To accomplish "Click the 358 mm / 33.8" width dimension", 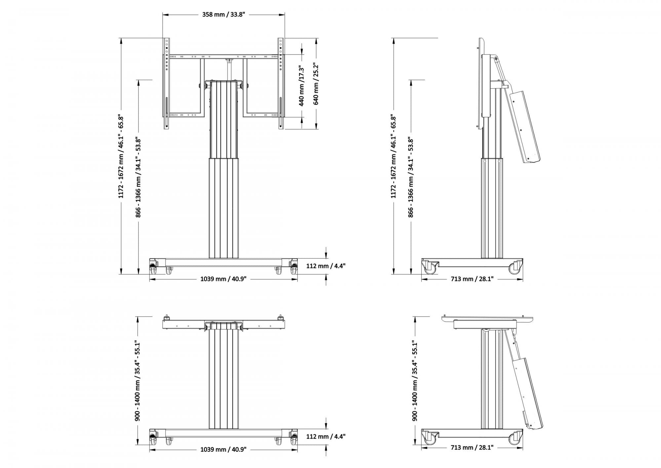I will coord(223,15).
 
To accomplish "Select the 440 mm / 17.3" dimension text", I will coord(301,86).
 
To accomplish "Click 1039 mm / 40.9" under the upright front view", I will coord(223,279).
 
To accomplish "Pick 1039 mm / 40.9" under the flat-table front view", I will coord(223,449).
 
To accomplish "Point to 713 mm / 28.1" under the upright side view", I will coord(472,279).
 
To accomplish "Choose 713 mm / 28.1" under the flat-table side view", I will coord(472,448).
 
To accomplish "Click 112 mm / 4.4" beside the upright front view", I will coord(326,266).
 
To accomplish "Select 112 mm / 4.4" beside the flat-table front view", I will coord(326,437).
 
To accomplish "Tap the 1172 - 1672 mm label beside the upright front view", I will coord(121,157).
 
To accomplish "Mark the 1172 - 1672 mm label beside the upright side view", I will coord(393,157).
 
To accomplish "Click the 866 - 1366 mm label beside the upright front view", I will coord(138,177).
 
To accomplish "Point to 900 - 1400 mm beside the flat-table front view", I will coord(137,381).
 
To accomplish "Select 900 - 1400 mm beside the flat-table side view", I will coord(415,381).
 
